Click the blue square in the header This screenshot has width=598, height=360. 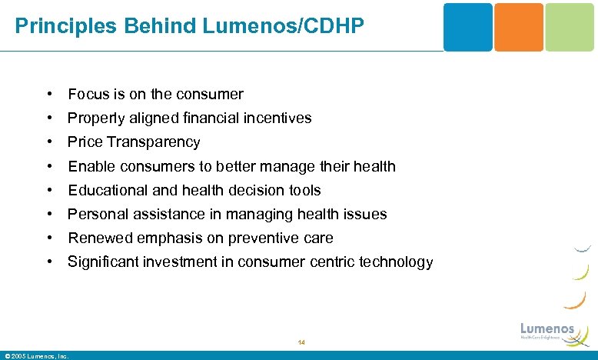point(467,27)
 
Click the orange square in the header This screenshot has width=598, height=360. point(518,27)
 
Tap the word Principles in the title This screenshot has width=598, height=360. point(56,26)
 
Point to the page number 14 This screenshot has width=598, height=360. point(301,342)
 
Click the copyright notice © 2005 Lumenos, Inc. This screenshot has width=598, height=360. point(36,356)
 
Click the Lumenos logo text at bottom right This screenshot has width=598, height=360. point(547,328)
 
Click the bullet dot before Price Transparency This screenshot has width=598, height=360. point(48,142)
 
